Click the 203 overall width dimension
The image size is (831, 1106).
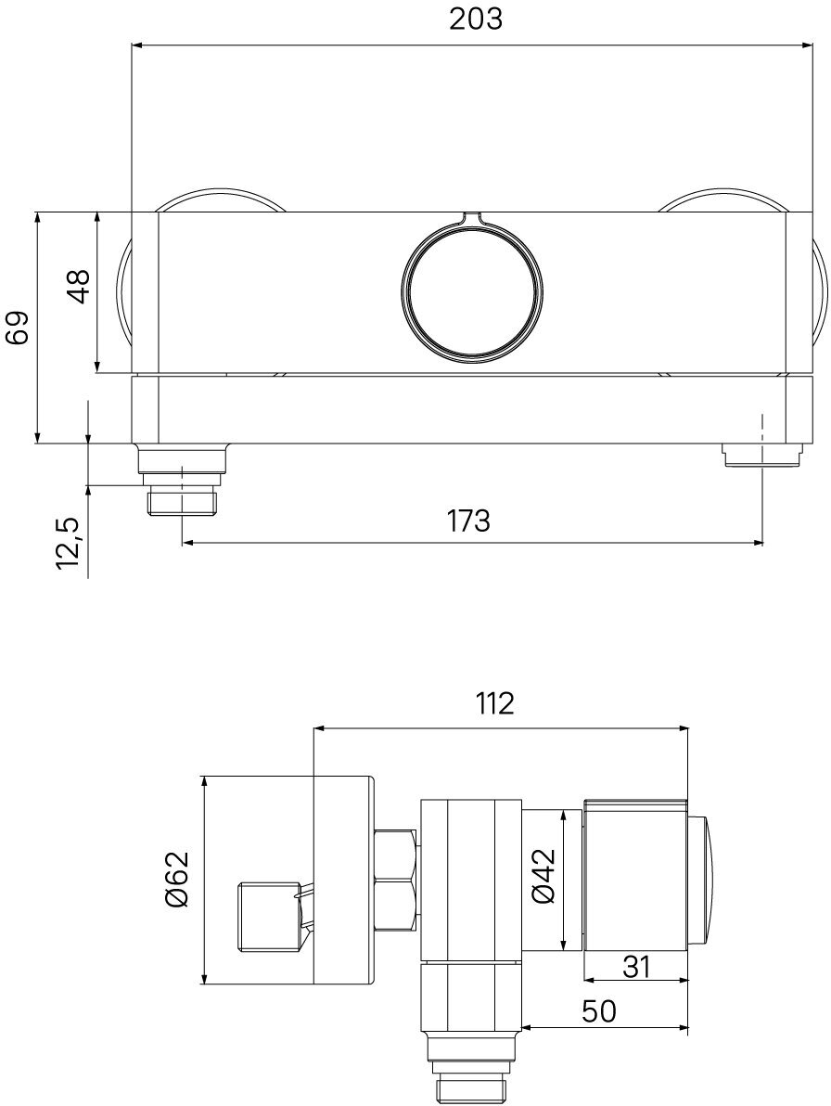click(x=477, y=19)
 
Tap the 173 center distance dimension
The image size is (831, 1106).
click(x=468, y=521)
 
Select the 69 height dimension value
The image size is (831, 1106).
click(x=17, y=327)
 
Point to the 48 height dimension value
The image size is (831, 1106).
click(x=79, y=286)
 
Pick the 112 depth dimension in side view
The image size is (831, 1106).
click(x=493, y=703)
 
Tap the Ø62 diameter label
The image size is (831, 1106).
click(x=178, y=879)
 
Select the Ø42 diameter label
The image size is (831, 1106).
click(x=544, y=875)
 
